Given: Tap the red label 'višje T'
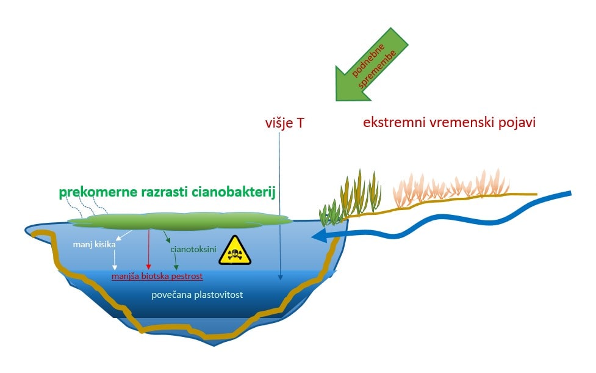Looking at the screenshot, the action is (x=285, y=123).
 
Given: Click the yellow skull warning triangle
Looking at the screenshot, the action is (x=235, y=250).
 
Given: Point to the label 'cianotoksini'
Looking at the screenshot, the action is (x=193, y=250).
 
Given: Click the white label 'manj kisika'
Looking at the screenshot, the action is (x=95, y=244).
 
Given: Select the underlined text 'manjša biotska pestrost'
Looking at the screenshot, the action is (x=157, y=276).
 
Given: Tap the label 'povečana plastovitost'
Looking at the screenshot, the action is (x=197, y=295).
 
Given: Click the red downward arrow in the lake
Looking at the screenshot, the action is (x=148, y=250).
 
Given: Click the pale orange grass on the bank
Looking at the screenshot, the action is (x=451, y=188).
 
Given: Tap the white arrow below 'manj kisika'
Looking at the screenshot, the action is (x=115, y=261).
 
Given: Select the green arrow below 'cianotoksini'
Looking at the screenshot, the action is (x=176, y=262).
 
